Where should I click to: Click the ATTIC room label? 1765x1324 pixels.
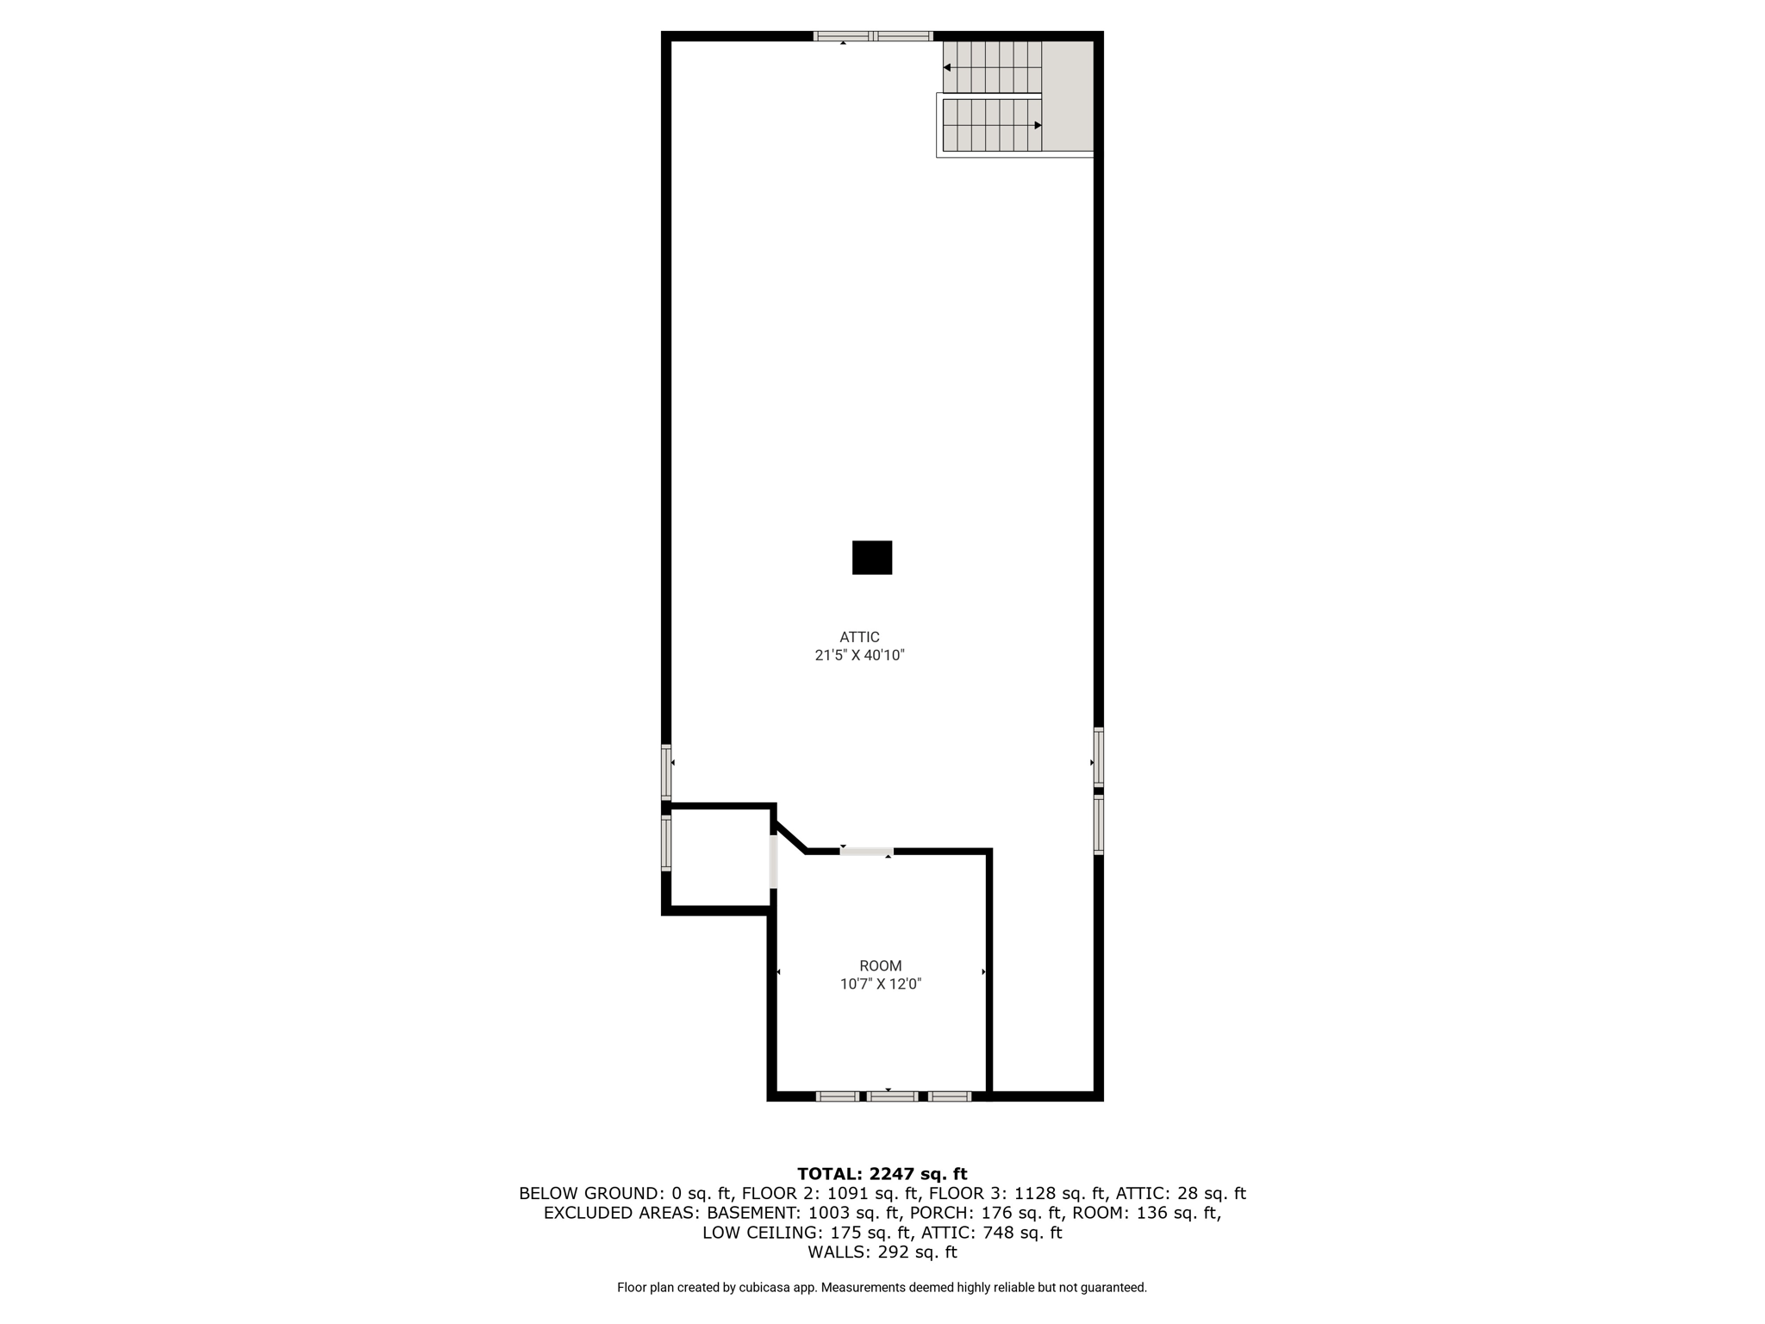tap(859, 637)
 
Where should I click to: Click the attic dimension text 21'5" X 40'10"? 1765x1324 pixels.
tap(859, 655)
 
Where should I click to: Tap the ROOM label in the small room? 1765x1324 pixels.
tap(880, 966)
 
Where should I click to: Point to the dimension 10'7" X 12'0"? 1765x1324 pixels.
tap(880, 984)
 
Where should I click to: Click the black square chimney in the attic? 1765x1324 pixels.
tap(871, 558)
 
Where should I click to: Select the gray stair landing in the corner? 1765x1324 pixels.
tap(1068, 96)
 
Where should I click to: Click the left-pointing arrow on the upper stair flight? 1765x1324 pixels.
tap(947, 67)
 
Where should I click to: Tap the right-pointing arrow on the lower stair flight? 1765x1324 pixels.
tap(1038, 125)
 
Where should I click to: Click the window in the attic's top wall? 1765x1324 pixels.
tap(873, 36)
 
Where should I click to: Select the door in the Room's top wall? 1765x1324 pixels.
tap(866, 852)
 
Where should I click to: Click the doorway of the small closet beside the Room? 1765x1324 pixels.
tap(773, 860)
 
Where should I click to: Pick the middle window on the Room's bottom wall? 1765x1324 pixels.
tap(892, 1096)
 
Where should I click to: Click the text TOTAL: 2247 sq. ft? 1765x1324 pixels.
tap(882, 1174)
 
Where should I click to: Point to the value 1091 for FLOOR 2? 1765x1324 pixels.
tap(845, 1194)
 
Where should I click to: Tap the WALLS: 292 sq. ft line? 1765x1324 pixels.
tap(882, 1252)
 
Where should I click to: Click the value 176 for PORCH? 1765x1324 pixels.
tap(996, 1213)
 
